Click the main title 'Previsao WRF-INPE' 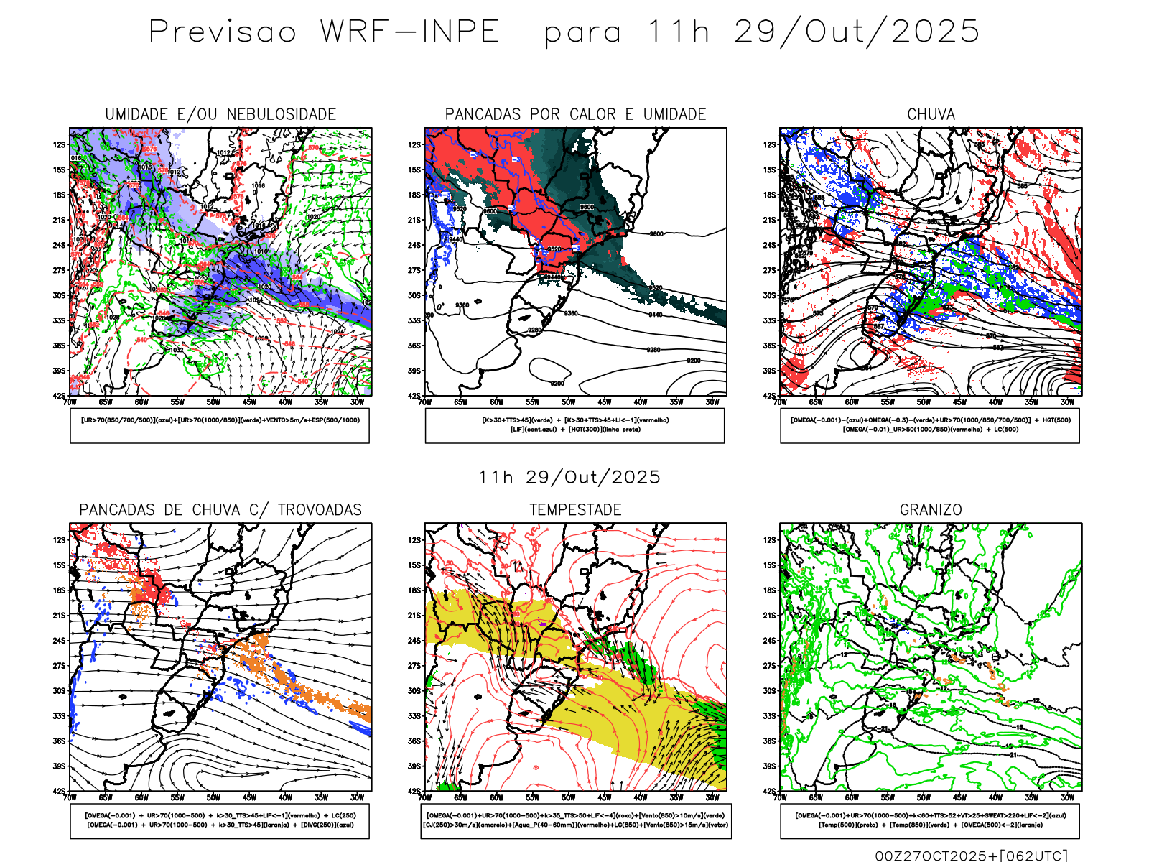324,32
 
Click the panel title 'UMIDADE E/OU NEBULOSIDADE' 220,114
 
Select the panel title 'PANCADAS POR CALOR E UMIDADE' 575,114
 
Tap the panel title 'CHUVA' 931,114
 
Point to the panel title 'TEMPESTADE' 575,510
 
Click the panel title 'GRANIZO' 931,510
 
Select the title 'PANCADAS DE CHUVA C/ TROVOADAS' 220,510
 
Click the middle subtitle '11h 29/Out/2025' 569,478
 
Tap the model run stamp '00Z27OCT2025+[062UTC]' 971,855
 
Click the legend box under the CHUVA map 930,425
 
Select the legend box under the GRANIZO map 930,820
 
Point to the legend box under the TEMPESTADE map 575,820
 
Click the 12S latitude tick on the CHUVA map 770,145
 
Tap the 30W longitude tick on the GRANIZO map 1067,797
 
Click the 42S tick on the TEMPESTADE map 415,792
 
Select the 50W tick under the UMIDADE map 213,402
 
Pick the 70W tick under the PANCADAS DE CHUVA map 70,797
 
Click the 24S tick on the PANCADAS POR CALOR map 415,246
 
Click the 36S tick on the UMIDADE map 59,346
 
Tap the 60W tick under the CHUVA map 852,402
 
